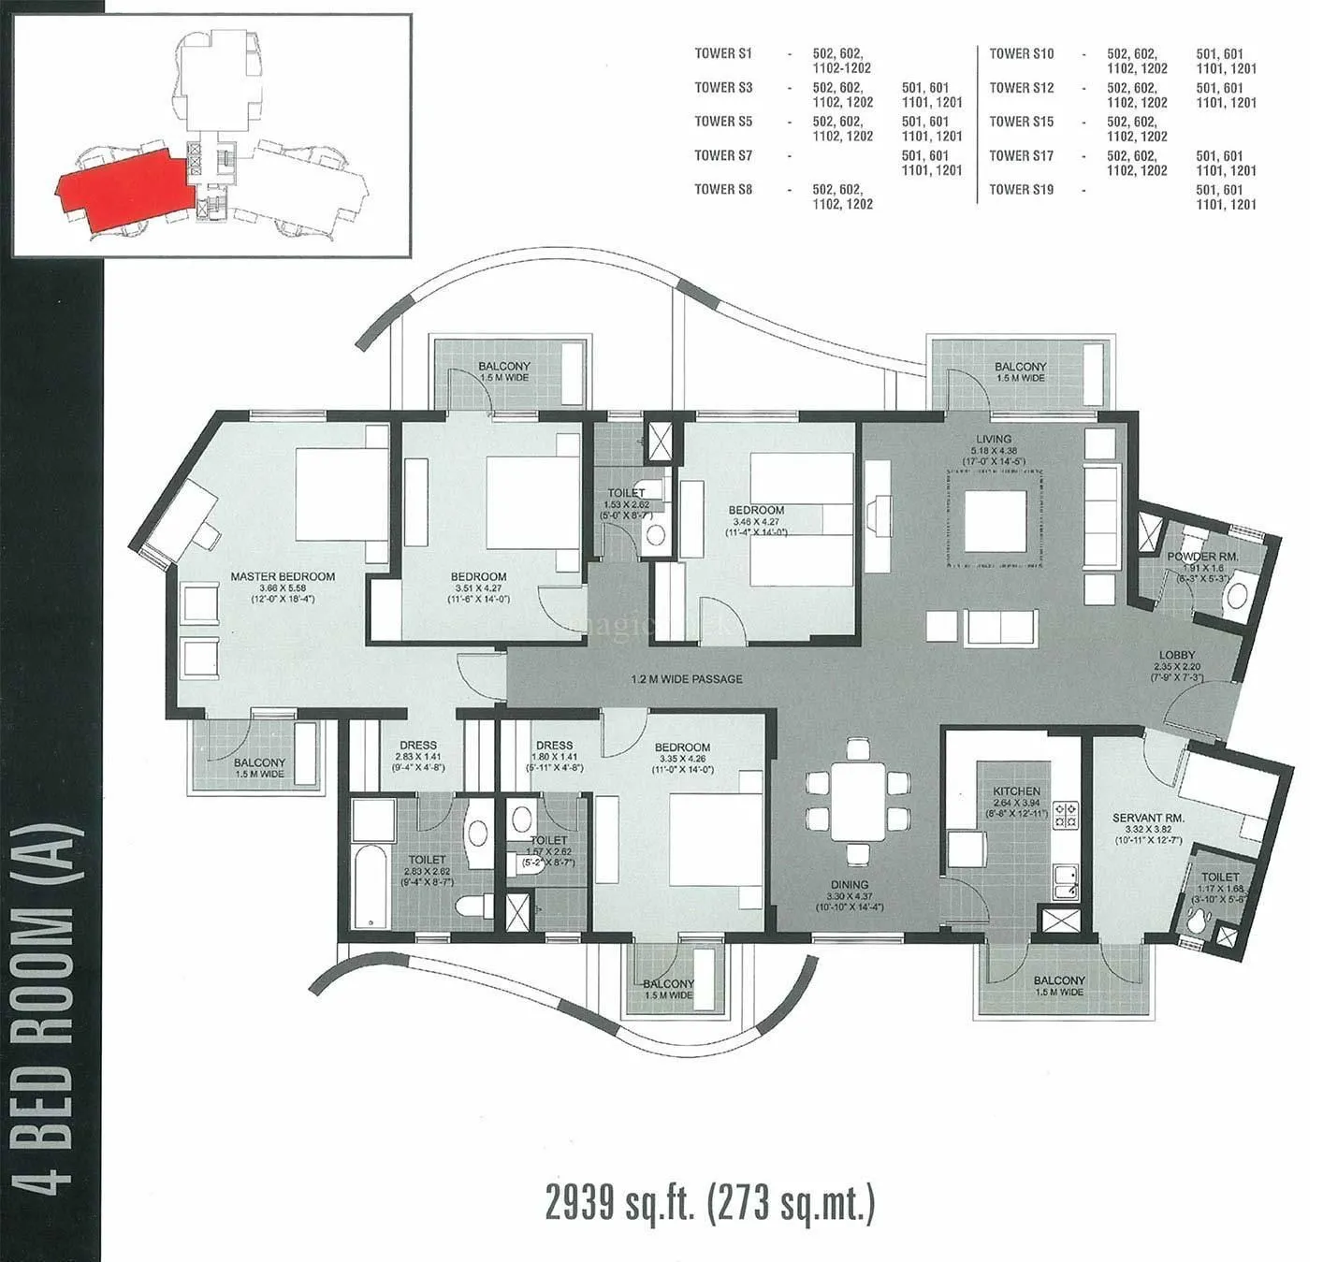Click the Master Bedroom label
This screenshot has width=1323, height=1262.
click(x=283, y=576)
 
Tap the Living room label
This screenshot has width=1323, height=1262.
click(x=993, y=439)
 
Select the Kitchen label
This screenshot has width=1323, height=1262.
click(x=1016, y=791)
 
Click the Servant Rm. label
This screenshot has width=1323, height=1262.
click(x=1147, y=818)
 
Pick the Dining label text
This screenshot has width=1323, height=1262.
click(x=849, y=884)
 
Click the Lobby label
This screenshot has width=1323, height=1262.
click(x=1176, y=656)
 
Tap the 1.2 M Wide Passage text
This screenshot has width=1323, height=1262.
click(x=687, y=678)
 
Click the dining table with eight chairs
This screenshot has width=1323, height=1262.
click(x=858, y=801)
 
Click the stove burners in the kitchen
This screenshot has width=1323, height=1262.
click(x=1066, y=815)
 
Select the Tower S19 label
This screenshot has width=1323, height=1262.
click(x=1021, y=190)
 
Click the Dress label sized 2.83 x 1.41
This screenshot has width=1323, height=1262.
click(x=417, y=746)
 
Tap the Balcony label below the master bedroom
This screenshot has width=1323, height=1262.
click(x=259, y=763)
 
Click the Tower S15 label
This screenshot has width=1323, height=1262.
click(x=1021, y=122)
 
